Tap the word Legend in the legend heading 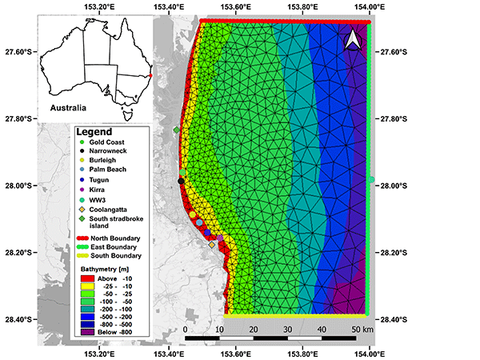pos(94,131)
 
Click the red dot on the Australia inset pos(150,76)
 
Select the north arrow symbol pos(352,40)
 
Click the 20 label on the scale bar pos(254,329)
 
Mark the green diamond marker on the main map pos(177,130)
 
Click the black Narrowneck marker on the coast pos(181,182)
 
